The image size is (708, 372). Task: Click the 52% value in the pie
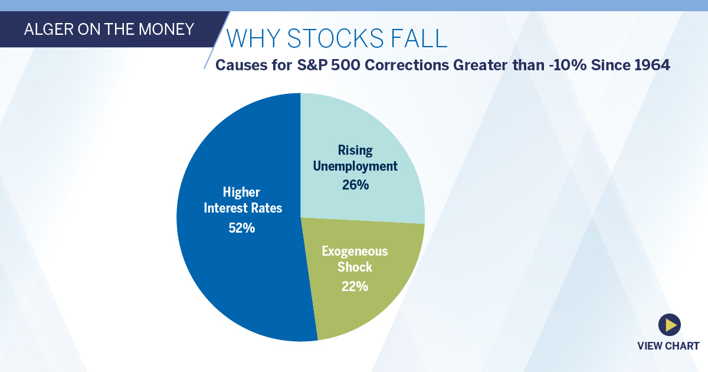[x=242, y=228]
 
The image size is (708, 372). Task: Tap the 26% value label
[x=355, y=185]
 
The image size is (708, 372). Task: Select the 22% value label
[x=355, y=286]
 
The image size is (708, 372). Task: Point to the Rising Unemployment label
[x=355, y=158]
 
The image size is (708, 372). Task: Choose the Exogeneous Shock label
[x=355, y=259]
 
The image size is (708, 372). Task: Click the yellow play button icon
[x=669, y=324]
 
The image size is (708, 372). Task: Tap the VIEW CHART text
[x=668, y=346]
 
